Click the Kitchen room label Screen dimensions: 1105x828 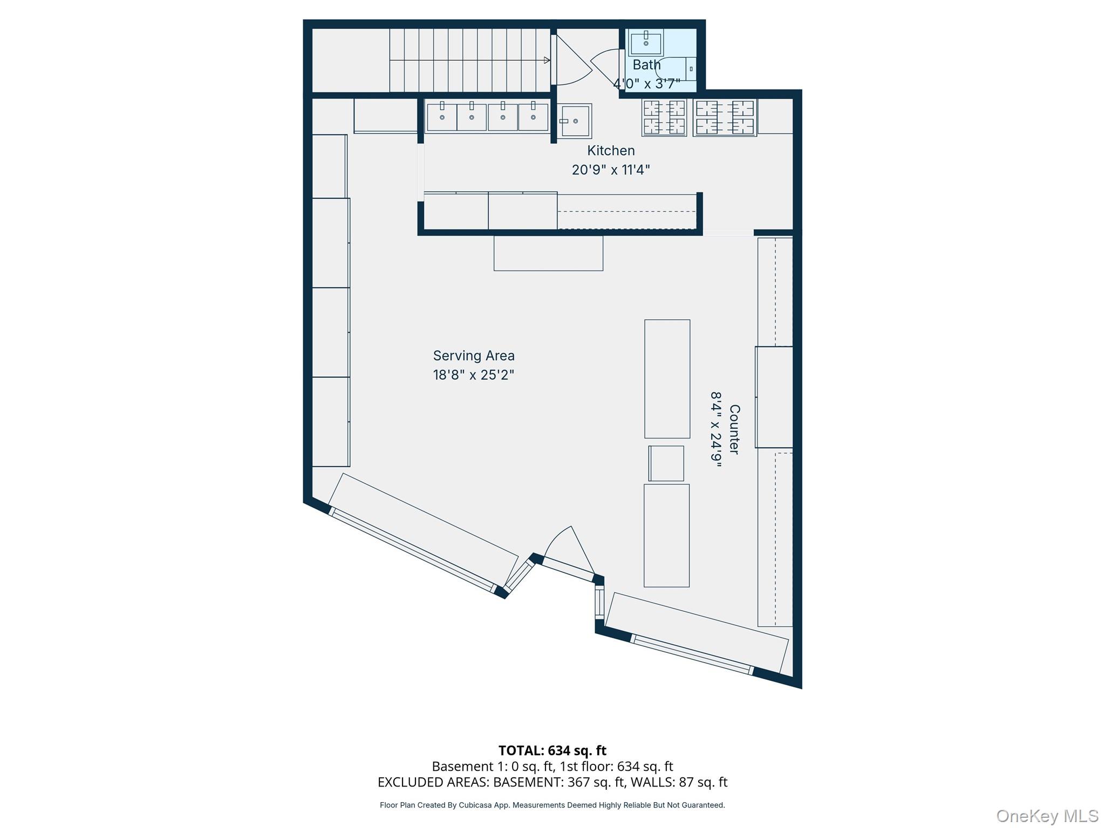[611, 150]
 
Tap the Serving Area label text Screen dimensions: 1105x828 [474, 356]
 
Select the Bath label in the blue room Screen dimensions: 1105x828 [646, 65]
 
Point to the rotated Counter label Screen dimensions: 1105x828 [734, 430]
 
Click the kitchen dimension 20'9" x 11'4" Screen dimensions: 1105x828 [611, 170]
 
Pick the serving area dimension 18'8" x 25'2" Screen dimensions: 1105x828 [474, 375]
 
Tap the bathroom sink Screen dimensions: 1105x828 [646, 42]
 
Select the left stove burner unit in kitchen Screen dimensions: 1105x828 [664, 118]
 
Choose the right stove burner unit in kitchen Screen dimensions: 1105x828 [725, 118]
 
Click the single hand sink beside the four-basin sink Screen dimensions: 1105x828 [574, 121]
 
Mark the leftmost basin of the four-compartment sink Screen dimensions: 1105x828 [442, 116]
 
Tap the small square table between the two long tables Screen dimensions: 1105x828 [666, 464]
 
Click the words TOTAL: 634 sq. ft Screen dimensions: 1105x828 [552, 750]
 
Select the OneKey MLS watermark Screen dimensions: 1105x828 [1047, 816]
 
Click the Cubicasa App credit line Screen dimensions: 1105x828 [552, 805]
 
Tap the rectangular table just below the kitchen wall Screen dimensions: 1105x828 [548, 253]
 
